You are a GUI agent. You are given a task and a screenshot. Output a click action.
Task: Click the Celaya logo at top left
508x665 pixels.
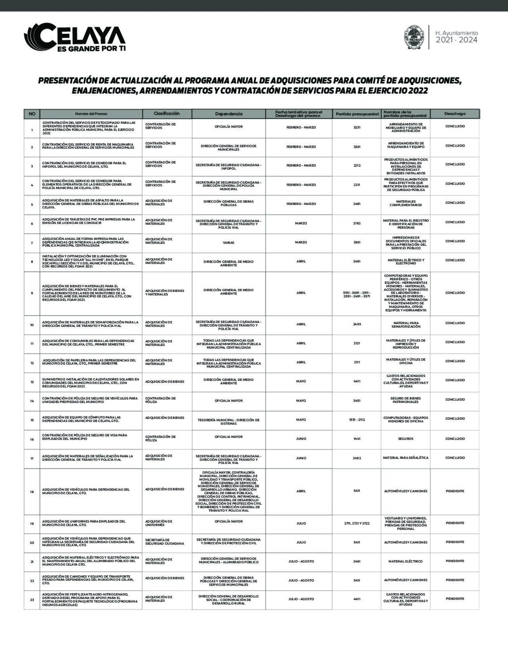coord(75,37)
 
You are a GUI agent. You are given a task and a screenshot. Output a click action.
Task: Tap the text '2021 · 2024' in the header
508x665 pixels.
coord(456,40)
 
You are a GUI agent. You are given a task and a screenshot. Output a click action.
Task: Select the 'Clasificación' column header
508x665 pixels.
coord(167,114)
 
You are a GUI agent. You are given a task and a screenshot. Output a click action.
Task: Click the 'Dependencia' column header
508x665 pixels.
coord(229,114)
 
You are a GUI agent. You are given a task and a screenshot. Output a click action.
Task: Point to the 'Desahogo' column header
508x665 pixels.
coord(455,114)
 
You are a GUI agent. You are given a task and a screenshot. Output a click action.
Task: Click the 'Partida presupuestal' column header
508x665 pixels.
coord(357,114)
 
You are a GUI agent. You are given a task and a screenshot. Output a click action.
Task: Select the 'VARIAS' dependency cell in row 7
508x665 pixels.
coord(229,242)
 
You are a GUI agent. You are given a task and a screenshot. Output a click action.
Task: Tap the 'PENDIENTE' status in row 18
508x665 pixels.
coord(455,491)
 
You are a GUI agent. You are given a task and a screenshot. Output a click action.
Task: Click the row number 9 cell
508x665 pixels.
coord(32,293)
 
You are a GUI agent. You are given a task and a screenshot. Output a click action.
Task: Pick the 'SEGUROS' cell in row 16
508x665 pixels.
coord(406,439)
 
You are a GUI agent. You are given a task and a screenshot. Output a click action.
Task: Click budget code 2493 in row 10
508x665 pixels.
coord(357,324)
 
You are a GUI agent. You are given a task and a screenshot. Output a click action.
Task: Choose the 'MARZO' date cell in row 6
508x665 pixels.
coord(301,223)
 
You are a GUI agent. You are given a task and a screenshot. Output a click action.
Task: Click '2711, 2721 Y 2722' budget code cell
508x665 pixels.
coord(357,523)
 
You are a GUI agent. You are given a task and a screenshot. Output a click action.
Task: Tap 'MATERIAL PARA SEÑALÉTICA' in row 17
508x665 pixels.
coord(406,458)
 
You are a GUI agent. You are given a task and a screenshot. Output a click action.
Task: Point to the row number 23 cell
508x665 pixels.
coord(32,600)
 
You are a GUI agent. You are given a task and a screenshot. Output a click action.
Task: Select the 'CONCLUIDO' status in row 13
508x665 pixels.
coord(455,380)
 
